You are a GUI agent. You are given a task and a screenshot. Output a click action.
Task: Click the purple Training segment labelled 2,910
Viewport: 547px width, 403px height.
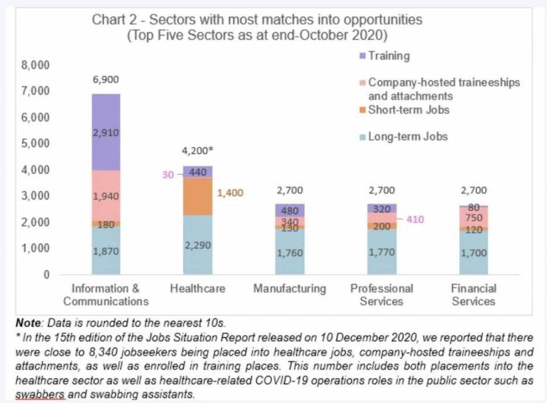pos(106,133)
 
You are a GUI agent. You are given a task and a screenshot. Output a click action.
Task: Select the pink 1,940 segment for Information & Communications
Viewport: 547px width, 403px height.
pos(106,196)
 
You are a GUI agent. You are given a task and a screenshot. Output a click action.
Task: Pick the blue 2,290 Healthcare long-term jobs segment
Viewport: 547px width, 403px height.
pos(198,245)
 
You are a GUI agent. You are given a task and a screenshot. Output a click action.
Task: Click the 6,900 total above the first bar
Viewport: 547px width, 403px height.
pos(106,80)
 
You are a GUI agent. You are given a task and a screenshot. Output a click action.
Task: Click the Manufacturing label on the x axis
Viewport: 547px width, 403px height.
pos(290,289)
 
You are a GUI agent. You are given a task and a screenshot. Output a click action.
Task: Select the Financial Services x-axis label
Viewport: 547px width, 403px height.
pos(473,295)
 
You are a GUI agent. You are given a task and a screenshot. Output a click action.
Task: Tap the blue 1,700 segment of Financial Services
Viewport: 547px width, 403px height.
pos(473,253)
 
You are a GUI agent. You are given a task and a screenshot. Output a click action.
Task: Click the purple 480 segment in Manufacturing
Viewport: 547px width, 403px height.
pos(290,211)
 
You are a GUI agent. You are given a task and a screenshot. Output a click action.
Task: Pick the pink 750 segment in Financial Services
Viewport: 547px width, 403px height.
pos(473,217)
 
